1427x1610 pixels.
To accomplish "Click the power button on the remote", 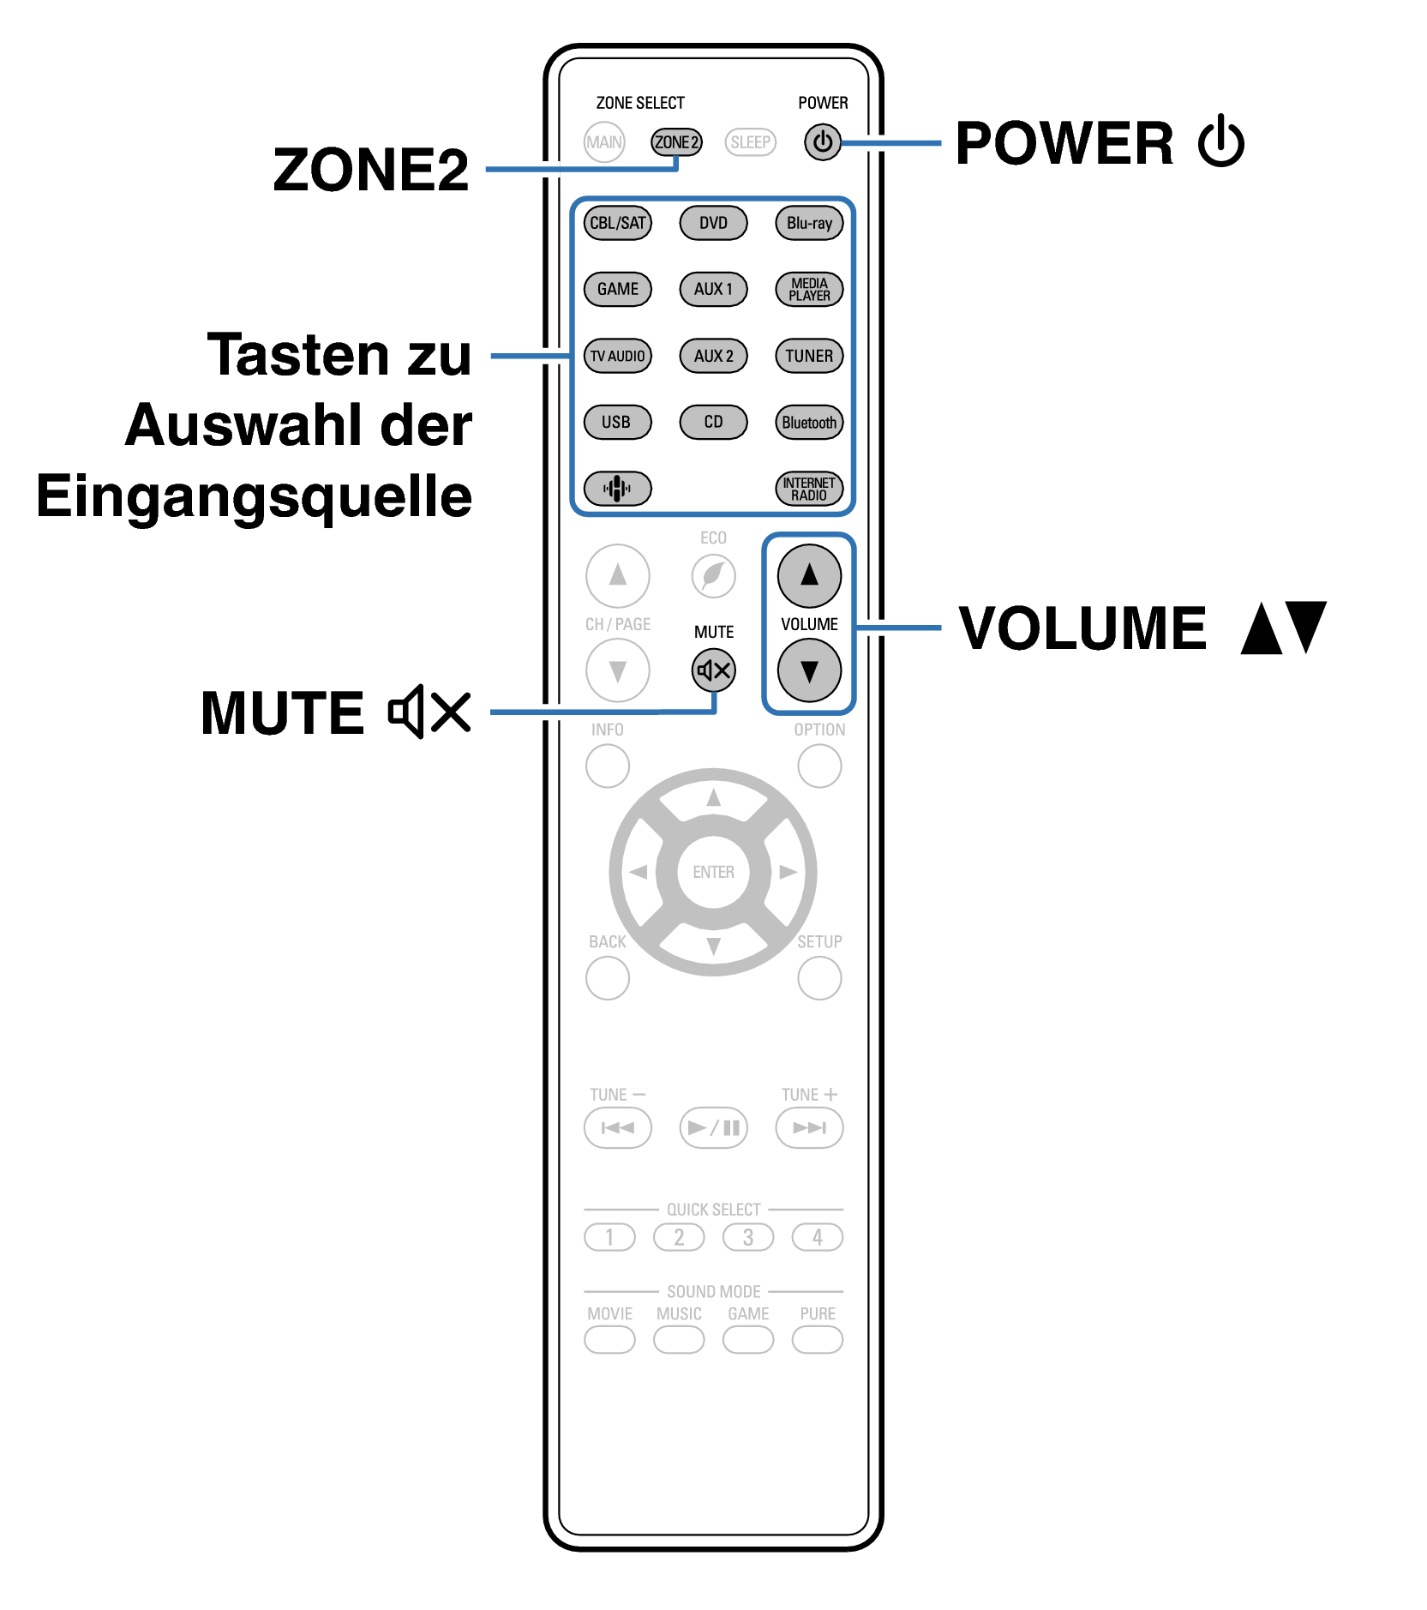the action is pos(822,141).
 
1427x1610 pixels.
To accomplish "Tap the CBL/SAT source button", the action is pos(617,223).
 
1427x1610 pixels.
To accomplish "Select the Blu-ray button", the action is pos(809,223).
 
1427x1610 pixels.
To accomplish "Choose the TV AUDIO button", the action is pos(617,356).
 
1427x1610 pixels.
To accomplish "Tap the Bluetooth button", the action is pos(809,422).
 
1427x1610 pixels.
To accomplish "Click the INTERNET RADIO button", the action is pos(809,489).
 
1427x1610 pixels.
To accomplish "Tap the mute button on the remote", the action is pos(713,670).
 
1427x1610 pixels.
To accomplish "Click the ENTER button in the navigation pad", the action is pos(713,872).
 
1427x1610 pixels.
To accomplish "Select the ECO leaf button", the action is pos(713,575).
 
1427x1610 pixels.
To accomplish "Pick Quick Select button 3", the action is pos(747,1237).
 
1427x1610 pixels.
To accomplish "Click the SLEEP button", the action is pos(750,142).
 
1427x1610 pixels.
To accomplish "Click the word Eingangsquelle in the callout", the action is pos(255,497).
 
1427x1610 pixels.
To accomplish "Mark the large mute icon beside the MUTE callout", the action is pos(429,712).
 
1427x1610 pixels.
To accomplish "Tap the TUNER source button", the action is pos(809,356).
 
